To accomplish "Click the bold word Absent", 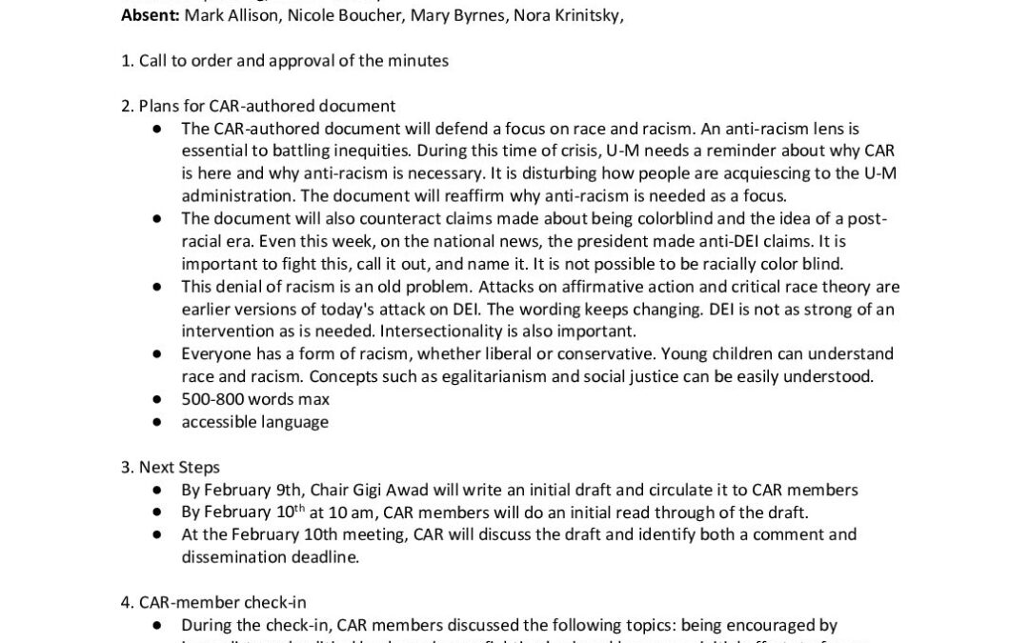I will (x=151, y=16).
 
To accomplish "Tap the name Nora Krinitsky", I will (x=568, y=16).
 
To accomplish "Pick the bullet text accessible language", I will (x=254, y=421).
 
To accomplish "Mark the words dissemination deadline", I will (x=270, y=557).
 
